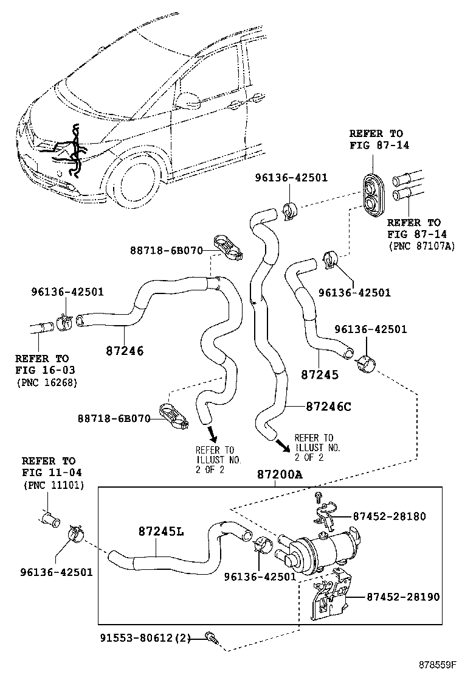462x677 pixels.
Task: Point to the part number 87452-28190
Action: [x=403, y=597]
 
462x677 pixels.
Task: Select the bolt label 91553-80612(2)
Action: [x=146, y=638]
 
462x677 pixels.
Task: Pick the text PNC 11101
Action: [x=53, y=485]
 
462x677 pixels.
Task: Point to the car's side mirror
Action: [x=190, y=99]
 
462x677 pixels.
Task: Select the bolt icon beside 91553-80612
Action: [x=211, y=637]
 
